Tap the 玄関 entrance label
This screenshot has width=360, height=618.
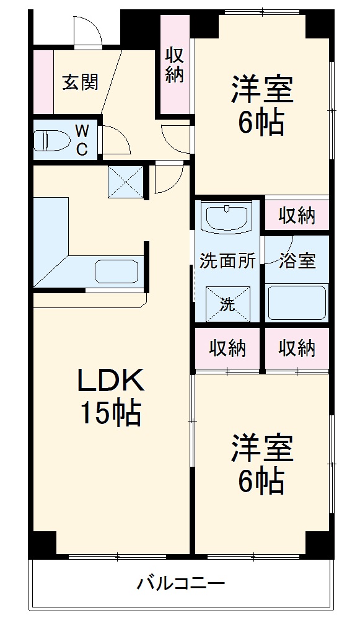80,82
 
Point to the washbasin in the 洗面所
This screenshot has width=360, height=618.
227,218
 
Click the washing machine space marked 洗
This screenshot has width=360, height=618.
227,304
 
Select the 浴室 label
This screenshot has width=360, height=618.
297,261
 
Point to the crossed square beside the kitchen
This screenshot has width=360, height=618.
125,182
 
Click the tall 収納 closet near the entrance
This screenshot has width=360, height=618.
175,65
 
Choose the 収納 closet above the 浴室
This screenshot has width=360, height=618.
297,216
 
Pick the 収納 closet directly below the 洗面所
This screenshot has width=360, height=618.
227,348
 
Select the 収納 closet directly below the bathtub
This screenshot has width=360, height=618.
297,348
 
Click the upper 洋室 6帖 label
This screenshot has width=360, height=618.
262,105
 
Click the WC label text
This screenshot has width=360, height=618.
82,139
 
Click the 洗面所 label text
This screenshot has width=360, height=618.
227,261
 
